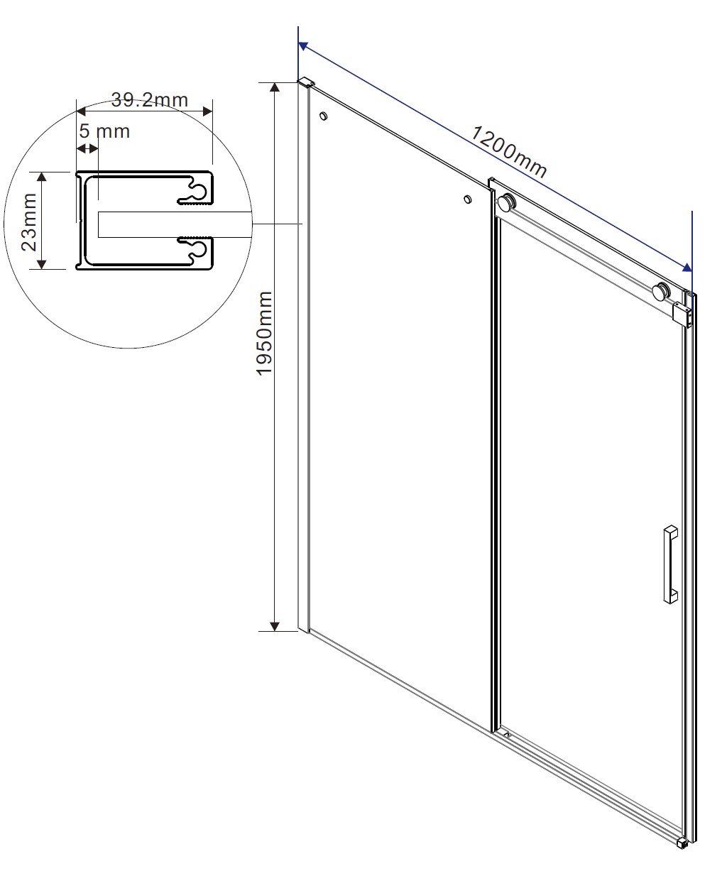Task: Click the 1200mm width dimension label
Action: tap(508, 151)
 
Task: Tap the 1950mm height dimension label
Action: tap(264, 334)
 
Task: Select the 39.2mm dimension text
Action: tap(150, 99)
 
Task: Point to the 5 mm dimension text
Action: tap(104, 131)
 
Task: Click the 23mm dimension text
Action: tap(29, 221)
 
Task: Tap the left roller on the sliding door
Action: tap(507, 203)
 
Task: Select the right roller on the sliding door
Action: tap(662, 291)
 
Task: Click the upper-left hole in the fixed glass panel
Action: tap(323, 116)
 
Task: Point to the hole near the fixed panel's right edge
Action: tap(468, 199)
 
